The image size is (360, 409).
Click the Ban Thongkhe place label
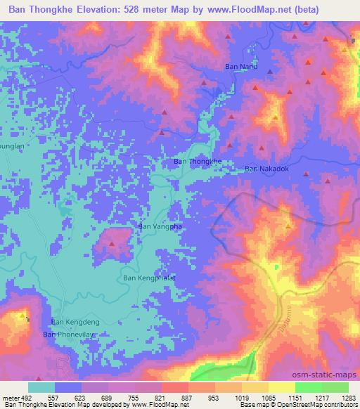(x=198, y=162)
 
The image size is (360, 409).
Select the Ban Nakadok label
(x=267, y=169)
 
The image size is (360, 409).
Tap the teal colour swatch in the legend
(x=41, y=387)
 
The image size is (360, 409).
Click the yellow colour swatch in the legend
(x=281, y=387)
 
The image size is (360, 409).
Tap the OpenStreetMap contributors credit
(x=319, y=405)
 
